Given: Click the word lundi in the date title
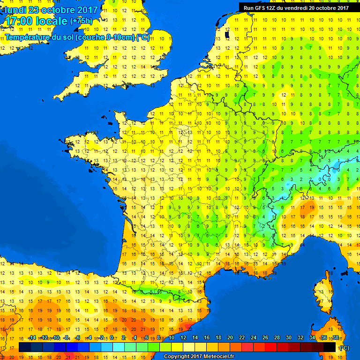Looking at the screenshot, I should tap(16, 10).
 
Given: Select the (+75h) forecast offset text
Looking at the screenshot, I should tap(81, 21).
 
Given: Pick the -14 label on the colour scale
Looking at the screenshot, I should tap(32, 338).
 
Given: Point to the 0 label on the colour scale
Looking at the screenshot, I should tap(111, 338).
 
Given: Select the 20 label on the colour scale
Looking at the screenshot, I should tap(230, 338).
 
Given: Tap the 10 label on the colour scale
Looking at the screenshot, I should tap(172, 338).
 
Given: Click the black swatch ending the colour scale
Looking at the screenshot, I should tap(330, 347).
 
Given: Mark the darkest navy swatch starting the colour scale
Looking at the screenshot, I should tap(25, 347).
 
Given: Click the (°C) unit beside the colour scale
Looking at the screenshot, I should tap(345, 347).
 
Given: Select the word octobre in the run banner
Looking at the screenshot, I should tap(326, 7).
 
